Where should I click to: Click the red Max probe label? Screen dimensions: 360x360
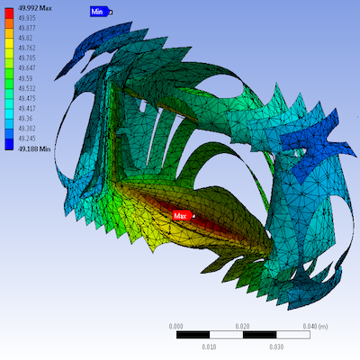184,216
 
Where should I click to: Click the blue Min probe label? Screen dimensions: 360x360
101,12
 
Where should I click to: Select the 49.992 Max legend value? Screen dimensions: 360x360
35,8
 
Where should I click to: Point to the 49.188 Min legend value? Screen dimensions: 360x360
34,148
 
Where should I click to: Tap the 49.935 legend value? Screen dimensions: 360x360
27,18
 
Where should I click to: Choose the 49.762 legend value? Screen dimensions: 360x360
27,48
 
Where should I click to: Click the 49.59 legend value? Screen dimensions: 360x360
25,78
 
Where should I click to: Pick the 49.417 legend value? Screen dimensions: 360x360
27,108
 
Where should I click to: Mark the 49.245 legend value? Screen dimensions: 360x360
27,139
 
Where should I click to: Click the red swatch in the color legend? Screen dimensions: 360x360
9,13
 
